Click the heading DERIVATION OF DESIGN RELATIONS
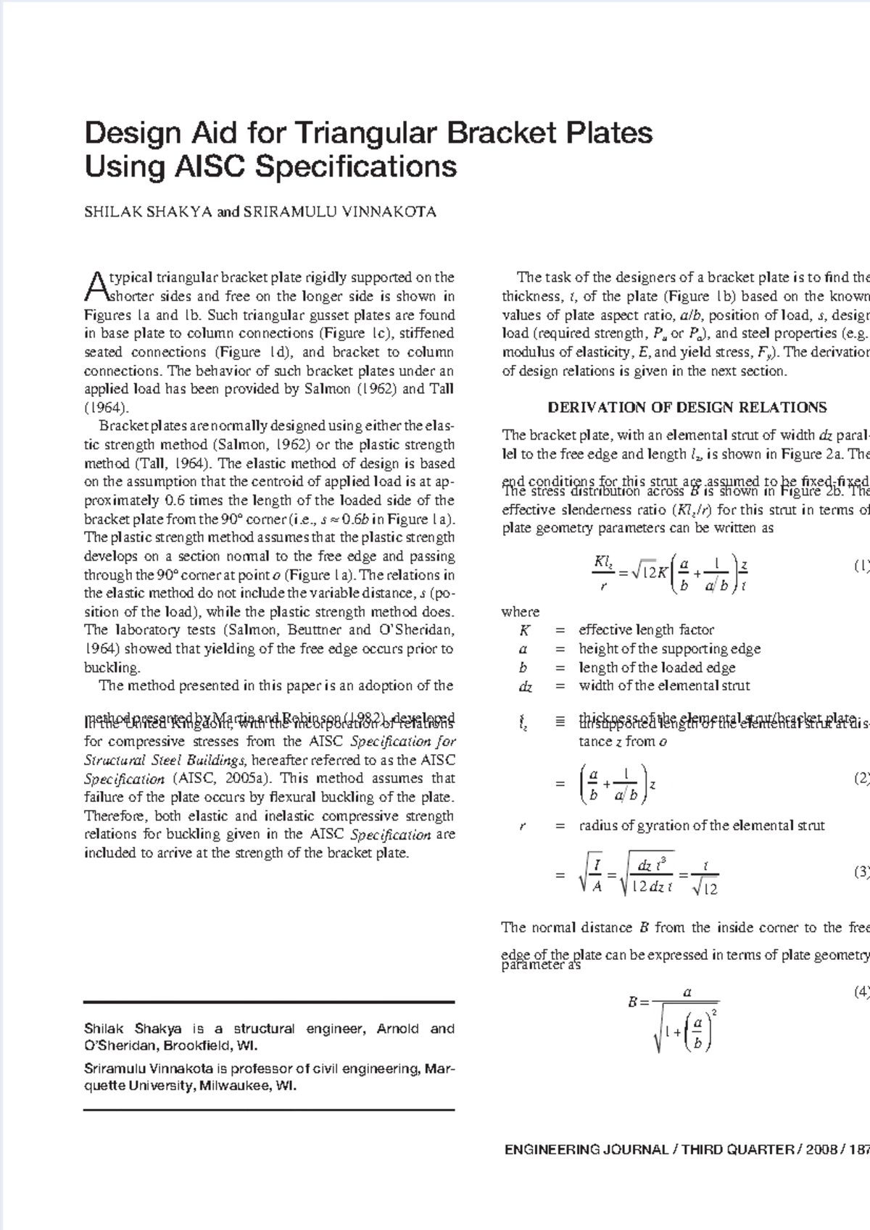point(687,407)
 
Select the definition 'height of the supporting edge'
point(669,649)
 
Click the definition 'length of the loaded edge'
point(657,668)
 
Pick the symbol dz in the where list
point(526,687)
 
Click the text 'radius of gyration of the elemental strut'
point(701,825)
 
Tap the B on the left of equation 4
point(633,1003)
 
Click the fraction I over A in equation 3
point(596,876)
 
